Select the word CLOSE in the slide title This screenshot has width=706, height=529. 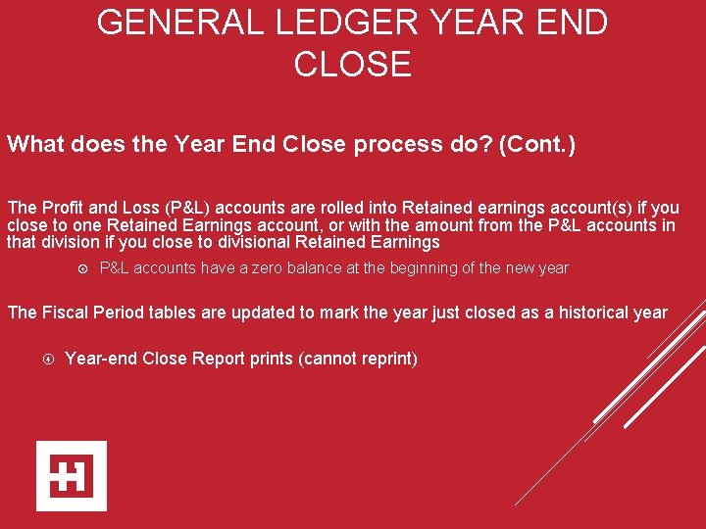[x=352, y=64]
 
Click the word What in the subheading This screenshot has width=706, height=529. [x=35, y=145]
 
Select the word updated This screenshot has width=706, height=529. [x=261, y=313]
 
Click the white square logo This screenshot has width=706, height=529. [x=71, y=476]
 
